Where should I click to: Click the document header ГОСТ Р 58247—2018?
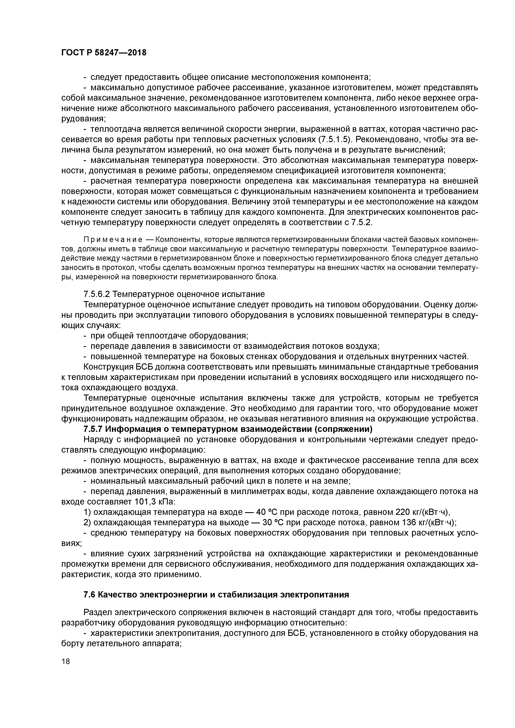click(104, 53)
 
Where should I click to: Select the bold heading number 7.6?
click(89, 595)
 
